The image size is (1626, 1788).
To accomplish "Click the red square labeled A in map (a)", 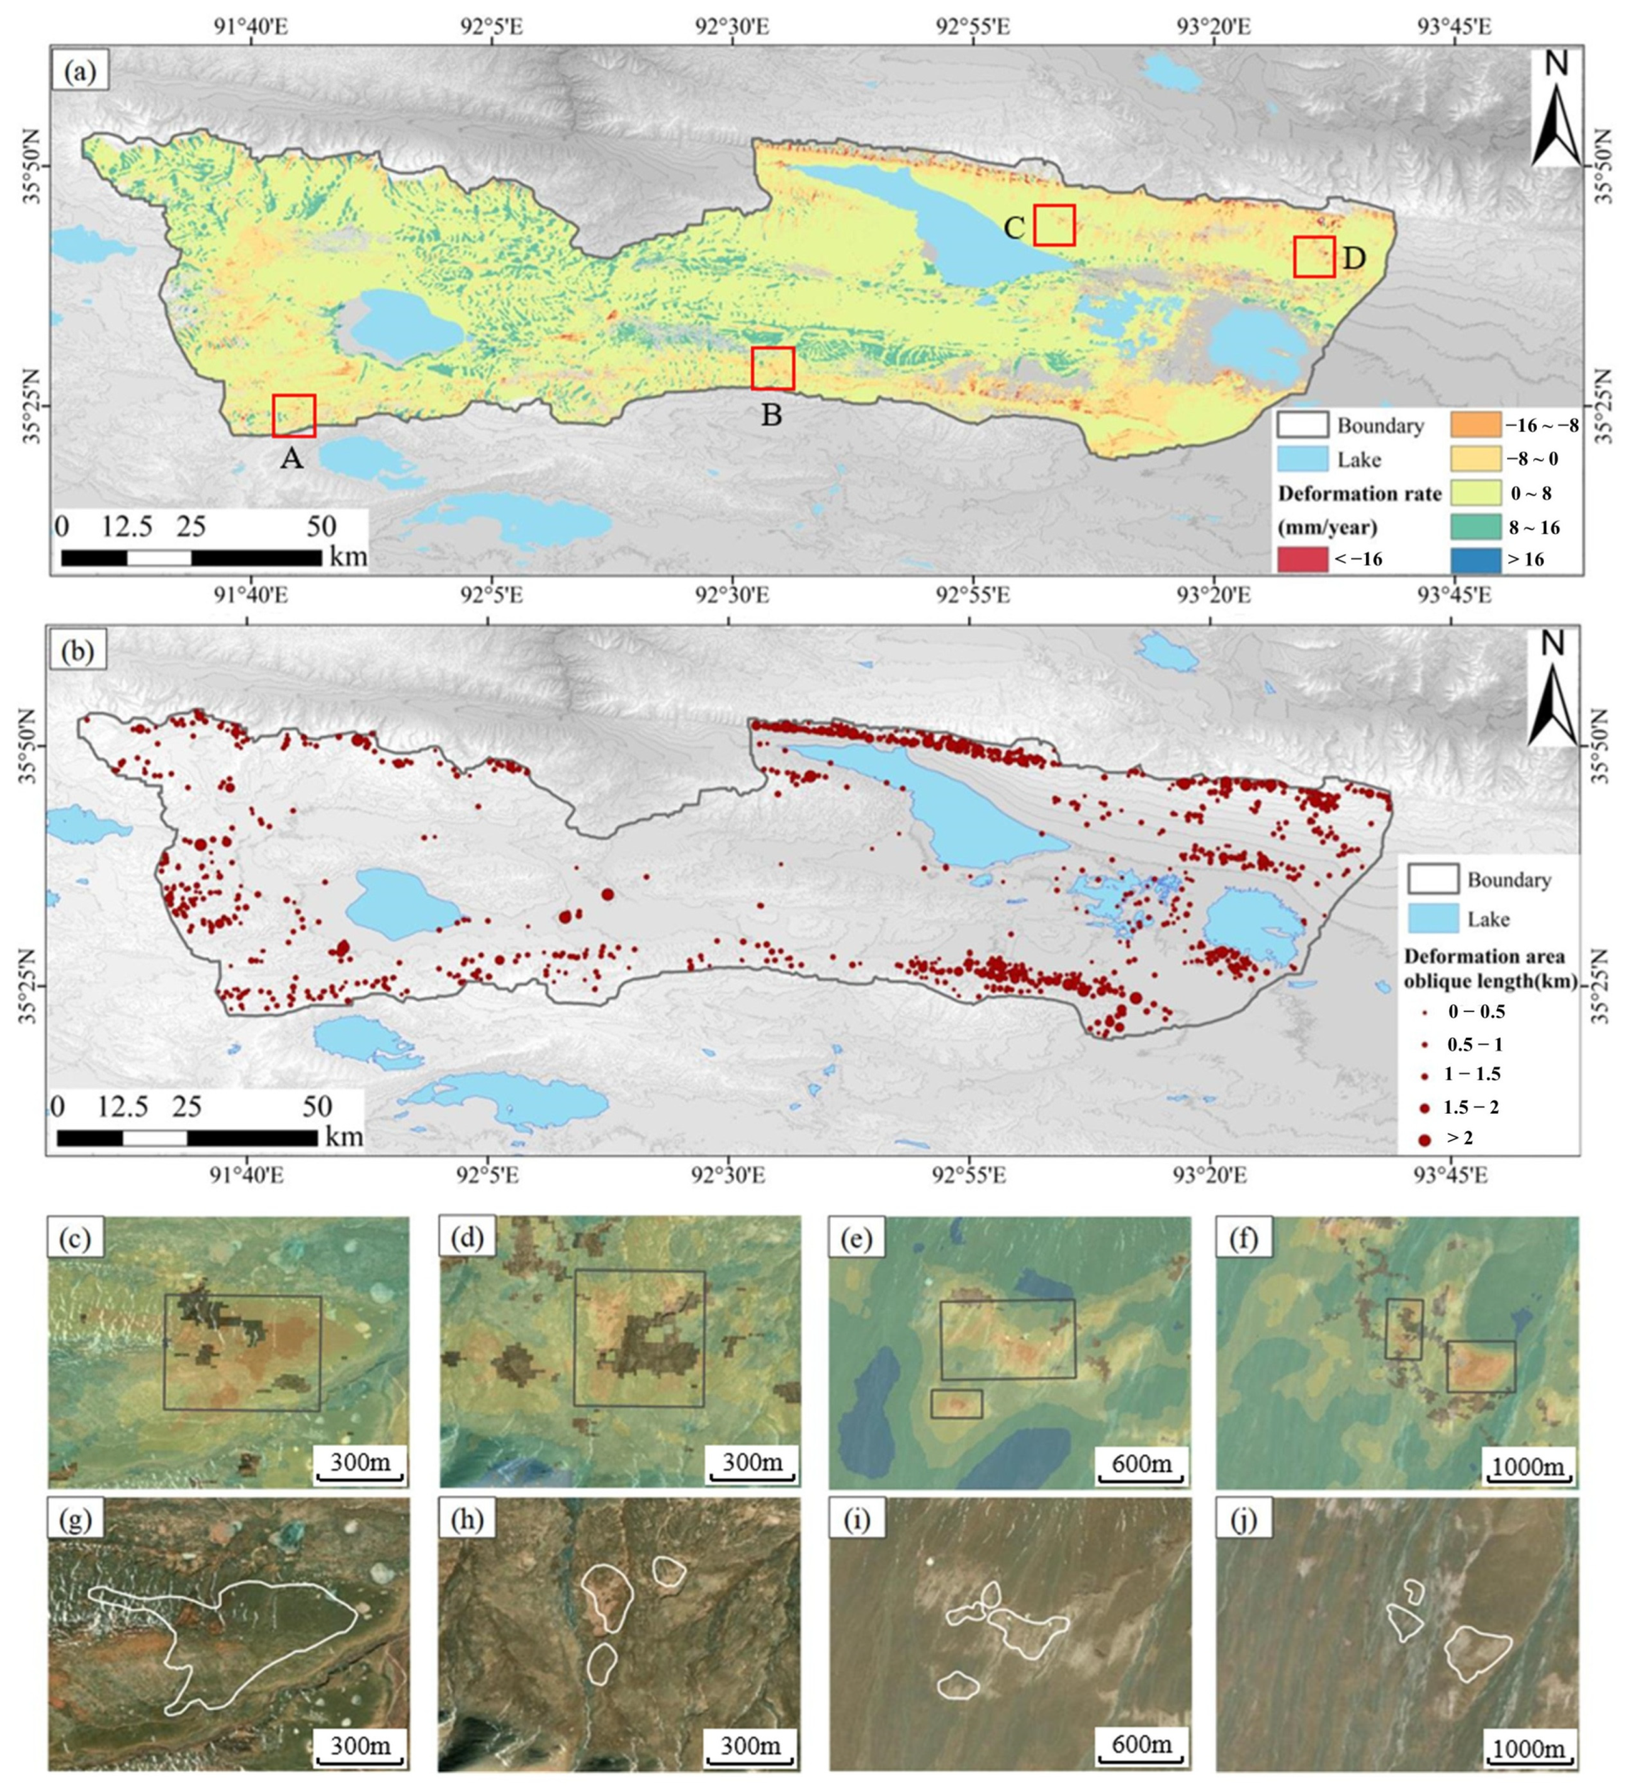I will point(293,415).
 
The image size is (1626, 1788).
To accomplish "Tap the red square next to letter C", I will point(1054,225).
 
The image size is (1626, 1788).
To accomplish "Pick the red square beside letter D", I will point(1313,256).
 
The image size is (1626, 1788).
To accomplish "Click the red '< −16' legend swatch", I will point(1302,559).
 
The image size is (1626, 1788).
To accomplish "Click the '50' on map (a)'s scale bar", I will point(321,527).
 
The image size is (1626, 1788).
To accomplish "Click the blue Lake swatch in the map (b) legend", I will point(1433,918).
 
